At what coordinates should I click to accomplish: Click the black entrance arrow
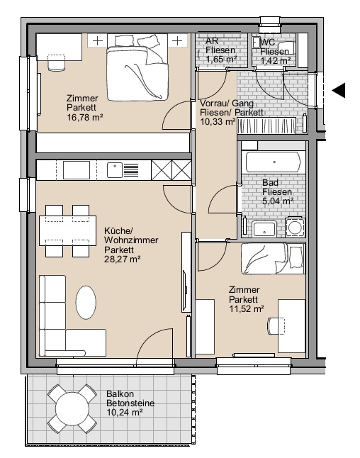click(x=339, y=90)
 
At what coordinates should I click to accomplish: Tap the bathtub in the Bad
click(x=273, y=162)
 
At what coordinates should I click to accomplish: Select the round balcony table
click(x=72, y=408)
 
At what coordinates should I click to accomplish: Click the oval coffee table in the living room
click(x=86, y=303)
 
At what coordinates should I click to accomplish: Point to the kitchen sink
click(x=115, y=170)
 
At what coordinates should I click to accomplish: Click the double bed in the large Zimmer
click(x=137, y=67)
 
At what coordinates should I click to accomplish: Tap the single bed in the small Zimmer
click(x=273, y=259)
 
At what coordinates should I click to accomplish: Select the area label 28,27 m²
click(x=123, y=259)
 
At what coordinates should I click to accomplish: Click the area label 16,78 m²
click(x=84, y=118)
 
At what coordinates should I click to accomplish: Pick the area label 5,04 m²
click(x=278, y=201)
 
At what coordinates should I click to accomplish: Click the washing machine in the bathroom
click(x=296, y=227)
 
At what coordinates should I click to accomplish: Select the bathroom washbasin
click(x=264, y=229)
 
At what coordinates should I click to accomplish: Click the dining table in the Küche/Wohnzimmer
click(x=68, y=230)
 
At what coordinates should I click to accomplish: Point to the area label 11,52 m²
click(x=247, y=308)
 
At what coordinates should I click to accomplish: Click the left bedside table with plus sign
click(x=98, y=40)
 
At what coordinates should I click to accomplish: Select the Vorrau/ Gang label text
click(x=227, y=103)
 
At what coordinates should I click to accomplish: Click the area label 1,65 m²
click(x=221, y=60)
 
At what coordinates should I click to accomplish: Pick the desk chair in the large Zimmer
click(x=56, y=63)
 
